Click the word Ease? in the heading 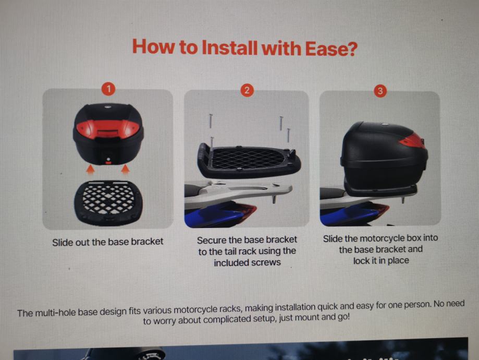[x=331, y=49]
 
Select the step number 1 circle [x=108, y=89]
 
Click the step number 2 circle [x=247, y=90]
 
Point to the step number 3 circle [x=380, y=91]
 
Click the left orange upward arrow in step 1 [x=90, y=169]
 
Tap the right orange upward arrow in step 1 [x=125, y=169]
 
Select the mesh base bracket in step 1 [x=108, y=202]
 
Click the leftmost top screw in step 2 [x=211, y=122]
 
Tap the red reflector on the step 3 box [x=412, y=141]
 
